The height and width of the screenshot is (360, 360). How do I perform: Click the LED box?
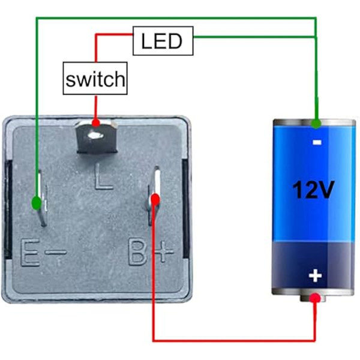(x=163, y=41)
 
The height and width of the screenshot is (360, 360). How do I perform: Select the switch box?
(x=95, y=78)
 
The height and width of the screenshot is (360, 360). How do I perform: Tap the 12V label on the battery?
(x=313, y=190)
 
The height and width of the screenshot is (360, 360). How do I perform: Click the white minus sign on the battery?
(x=317, y=143)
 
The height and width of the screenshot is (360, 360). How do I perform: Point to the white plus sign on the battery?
(x=315, y=276)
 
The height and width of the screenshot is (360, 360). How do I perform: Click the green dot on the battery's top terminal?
(x=316, y=124)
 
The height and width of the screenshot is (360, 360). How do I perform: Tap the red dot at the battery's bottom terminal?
(x=315, y=298)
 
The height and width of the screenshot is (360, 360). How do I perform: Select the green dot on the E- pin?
(x=36, y=203)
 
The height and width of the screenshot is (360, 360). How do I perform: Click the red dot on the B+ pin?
(x=155, y=200)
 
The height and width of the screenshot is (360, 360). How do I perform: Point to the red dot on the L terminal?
(x=96, y=123)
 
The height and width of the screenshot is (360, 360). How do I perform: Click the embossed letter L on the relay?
(x=103, y=176)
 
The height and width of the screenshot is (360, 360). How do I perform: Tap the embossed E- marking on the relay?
(x=43, y=252)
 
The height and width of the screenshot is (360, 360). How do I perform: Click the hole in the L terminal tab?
(x=96, y=136)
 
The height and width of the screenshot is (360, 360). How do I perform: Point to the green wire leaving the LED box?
(x=254, y=37)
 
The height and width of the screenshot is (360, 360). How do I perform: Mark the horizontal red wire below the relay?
(x=234, y=340)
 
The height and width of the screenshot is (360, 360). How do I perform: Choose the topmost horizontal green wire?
(x=176, y=18)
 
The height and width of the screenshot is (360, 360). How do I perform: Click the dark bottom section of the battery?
(x=314, y=265)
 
